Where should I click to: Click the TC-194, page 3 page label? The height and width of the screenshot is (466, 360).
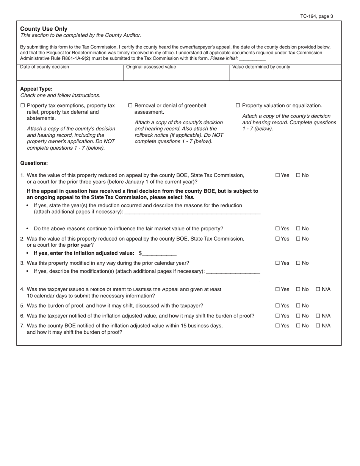316,16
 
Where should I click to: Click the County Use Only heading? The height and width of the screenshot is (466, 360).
44,29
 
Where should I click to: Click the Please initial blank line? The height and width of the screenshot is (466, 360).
252,59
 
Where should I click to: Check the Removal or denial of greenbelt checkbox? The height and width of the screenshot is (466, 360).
131,106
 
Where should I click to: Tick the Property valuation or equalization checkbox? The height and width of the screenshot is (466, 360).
238,106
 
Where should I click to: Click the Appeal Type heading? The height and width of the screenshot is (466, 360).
36,89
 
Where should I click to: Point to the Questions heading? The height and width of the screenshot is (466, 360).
34,163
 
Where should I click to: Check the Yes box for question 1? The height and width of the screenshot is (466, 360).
278,175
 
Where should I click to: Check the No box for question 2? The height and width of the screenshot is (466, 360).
298,239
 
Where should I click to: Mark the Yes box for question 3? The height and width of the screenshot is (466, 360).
278,263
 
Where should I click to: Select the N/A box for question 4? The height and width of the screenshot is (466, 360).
318,289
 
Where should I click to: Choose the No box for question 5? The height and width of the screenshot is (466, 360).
298,306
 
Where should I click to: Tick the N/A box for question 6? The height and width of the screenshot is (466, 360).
318,316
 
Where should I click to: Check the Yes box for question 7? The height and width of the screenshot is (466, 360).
278,326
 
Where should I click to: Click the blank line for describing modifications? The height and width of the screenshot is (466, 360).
233,272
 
